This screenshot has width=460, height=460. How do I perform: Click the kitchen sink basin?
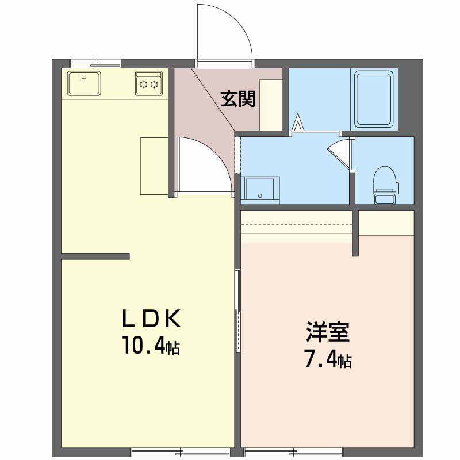(x=84, y=83)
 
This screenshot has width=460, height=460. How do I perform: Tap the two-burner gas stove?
(x=149, y=83)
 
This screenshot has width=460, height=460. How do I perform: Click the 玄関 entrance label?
(x=238, y=99)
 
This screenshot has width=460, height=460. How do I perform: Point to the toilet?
(x=385, y=185)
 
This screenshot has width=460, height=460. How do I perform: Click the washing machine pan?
(x=260, y=190)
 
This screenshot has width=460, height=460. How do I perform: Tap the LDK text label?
(x=151, y=319)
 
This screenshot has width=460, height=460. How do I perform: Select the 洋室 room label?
(x=328, y=332)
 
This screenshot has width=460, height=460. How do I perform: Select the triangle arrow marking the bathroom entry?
(x=298, y=122)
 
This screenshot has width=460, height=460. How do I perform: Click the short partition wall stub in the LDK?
(x=95, y=256)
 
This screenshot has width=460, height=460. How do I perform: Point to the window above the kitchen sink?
(x=95, y=63)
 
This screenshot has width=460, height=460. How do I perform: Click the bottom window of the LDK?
(x=180, y=452)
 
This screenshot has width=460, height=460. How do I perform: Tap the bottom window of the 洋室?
(x=293, y=452)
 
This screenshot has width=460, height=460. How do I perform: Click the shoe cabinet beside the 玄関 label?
(x=271, y=105)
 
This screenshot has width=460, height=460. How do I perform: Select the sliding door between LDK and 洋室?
(x=238, y=311)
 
